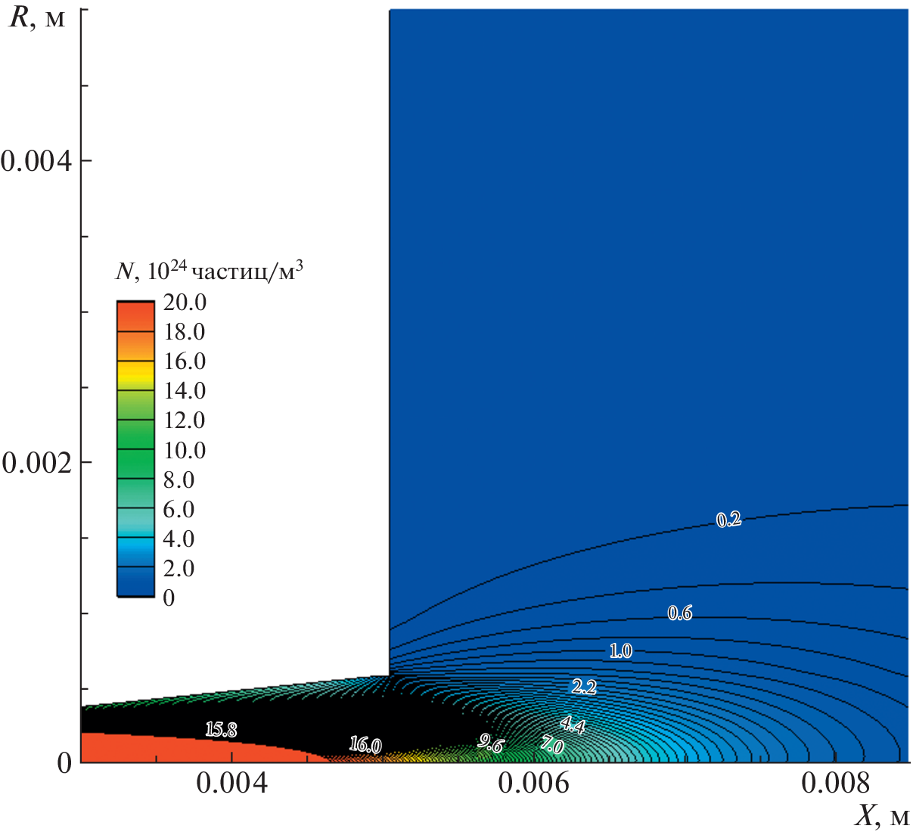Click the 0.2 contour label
(728, 520)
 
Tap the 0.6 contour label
(680, 613)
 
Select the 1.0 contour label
(621, 650)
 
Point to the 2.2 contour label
(584, 687)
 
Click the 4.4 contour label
(573, 726)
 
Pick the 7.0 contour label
(551, 746)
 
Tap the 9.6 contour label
(490, 743)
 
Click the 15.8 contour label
(221, 730)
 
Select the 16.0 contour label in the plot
(365, 745)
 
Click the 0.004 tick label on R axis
(36, 160)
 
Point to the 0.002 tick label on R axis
(36, 462)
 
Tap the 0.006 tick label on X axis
(533, 784)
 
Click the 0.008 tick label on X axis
(835, 784)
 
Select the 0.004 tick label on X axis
(231, 784)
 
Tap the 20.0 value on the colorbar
(185, 303)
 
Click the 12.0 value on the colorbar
(185, 421)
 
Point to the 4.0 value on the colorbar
(179, 539)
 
